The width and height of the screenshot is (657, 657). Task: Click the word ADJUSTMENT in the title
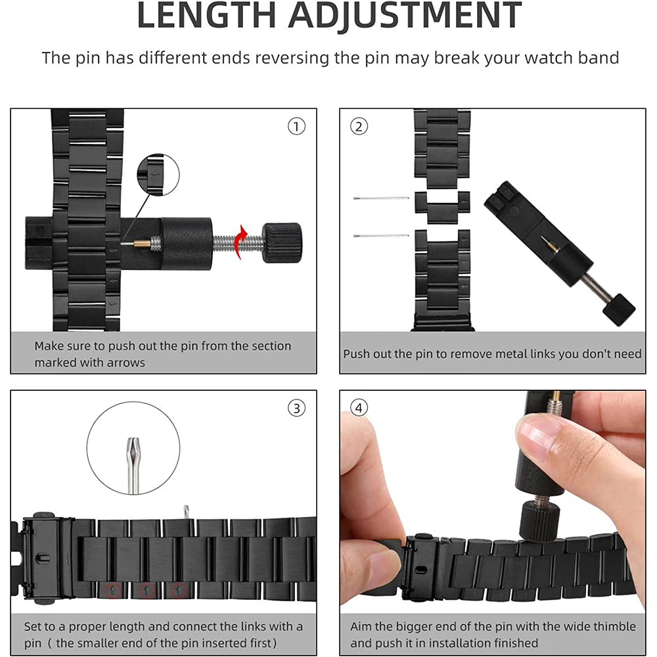pyautogui.click(x=405, y=16)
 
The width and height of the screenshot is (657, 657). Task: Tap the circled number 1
pyautogui.click(x=296, y=126)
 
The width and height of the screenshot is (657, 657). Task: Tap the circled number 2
pyautogui.click(x=359, y=126)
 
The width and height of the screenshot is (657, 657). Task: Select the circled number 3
pyautogui.click(x=296, y=408)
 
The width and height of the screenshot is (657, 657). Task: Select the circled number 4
pyautogui.click(x=359, y=408)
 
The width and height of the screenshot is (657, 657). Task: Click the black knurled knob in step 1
pyautogui.click(x=282, y=243)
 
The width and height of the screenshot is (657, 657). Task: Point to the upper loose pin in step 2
pyautogui.click(x=381, y=198)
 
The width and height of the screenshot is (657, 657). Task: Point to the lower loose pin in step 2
pyautogui.click(x=381, y=236)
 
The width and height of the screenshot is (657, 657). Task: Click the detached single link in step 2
pyautogui.click(x=442, y=207)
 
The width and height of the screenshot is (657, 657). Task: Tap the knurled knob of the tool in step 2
pyautogui.click(x=619, y=309)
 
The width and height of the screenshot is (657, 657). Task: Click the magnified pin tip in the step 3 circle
pyautogui.click(x=133, y=465)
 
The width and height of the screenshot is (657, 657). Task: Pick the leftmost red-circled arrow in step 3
pyautogui.click(x=113, y=591)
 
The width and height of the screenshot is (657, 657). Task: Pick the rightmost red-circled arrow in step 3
pyautogui.click(x=179, y=591)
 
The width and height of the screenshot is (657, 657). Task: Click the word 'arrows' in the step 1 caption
pyautogui.click(x=125, y=363)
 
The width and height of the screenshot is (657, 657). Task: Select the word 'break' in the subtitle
pyautogui.click(x=456, y=57)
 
